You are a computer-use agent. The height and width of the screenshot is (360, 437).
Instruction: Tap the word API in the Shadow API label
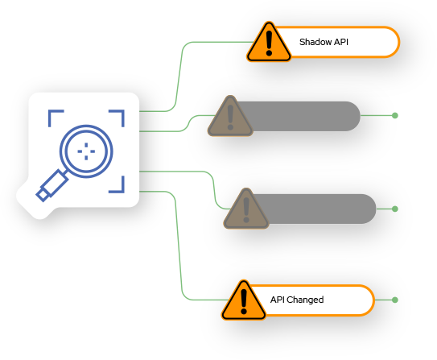[x=341, y=42]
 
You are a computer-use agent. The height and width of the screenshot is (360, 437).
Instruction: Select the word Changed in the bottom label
[x=305, y=300]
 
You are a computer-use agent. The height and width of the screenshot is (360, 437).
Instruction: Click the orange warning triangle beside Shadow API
[x=269, y=42]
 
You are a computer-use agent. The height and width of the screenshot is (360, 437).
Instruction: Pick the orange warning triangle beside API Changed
[x=244, y=300]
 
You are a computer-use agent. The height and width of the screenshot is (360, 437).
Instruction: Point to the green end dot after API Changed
[x=395, y=300]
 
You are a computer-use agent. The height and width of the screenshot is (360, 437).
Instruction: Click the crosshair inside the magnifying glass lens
[x=86, y=151]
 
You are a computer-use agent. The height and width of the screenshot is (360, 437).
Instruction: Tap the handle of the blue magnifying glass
[x=52, y=185]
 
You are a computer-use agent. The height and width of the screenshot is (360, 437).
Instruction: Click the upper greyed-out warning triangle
[x=230, y=116]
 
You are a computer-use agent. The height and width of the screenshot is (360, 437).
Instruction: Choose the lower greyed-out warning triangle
[x=246, y=209]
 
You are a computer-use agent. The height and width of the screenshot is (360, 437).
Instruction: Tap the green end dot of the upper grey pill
[x=395, y=115]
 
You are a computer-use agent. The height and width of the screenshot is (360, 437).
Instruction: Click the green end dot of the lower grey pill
[x=395, y=209]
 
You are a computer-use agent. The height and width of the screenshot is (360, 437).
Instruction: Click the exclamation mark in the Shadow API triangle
[x=269, y=43]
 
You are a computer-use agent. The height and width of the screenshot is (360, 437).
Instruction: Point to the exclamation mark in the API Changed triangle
[x=244, y=302]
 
